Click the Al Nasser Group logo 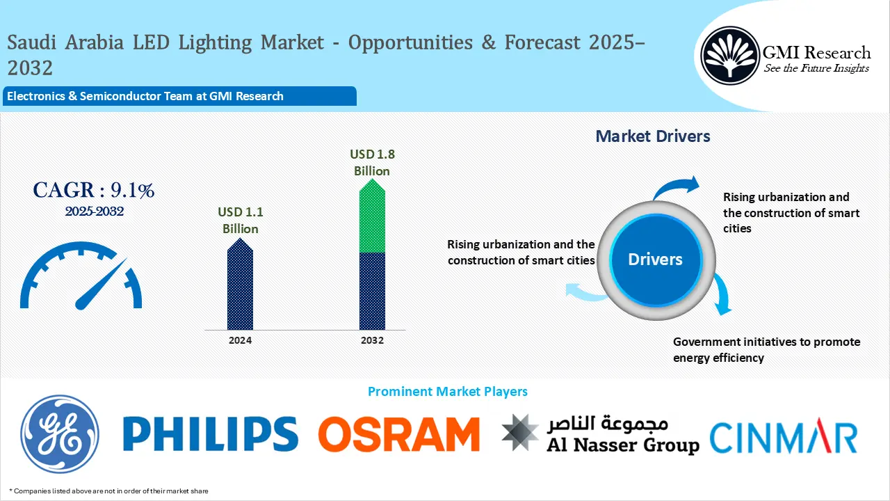[x=601, y=434]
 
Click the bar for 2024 [x=240, y=285]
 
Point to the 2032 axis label [x=372, y=340]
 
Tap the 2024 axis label [x=240, y=340]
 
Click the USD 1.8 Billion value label [x=372, y=162]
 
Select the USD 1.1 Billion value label [x=240, y=220]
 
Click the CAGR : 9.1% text [x=94, y=189]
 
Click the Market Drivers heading [x=653, y=136]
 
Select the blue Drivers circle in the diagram [x=655, y=260]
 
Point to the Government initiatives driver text [x=766, y=349]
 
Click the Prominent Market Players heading [x=447, y=392]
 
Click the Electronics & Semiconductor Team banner [x=179, y=96]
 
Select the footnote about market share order [x=108, y=491]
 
